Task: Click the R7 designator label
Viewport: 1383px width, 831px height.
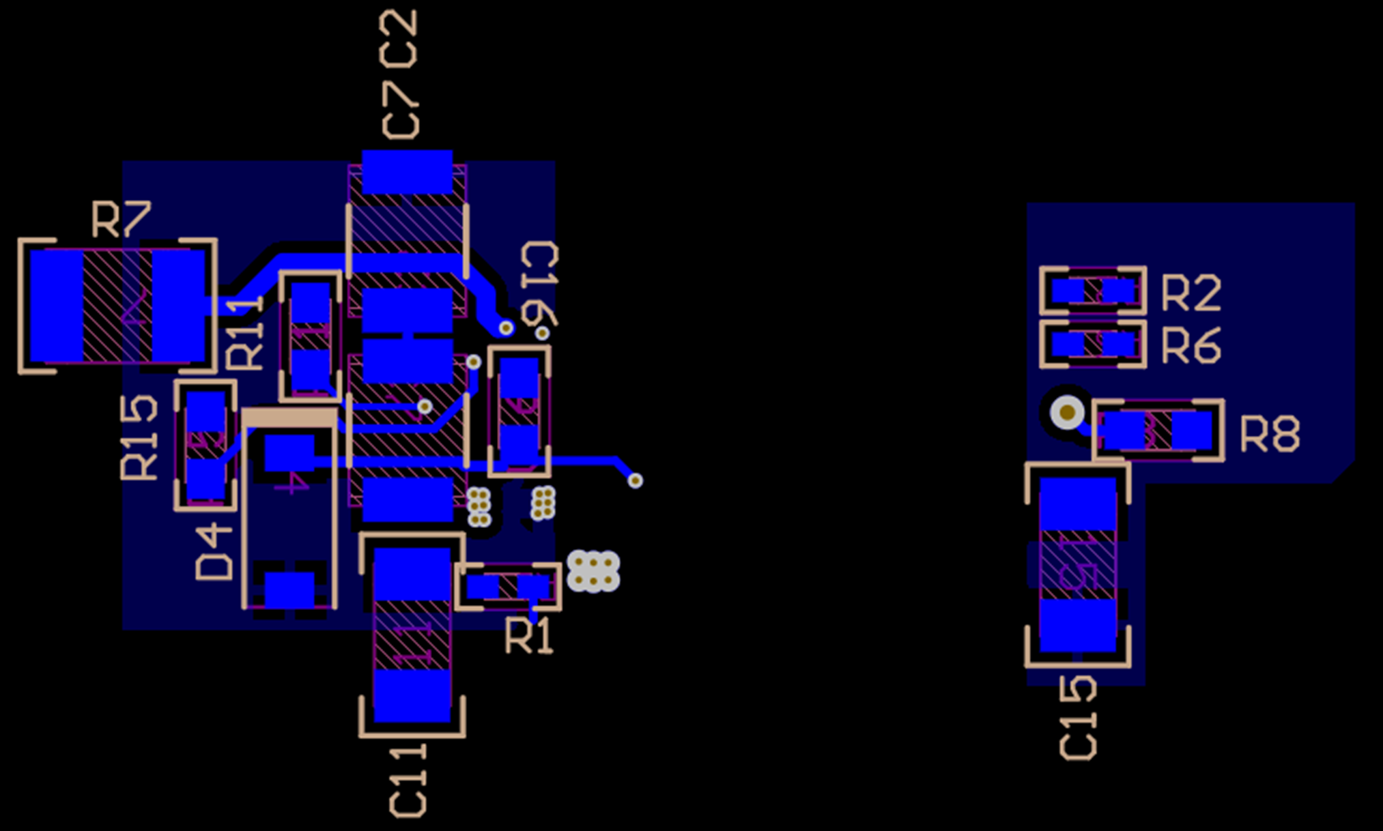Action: (x=121, y=220)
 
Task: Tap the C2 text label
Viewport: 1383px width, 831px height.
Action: (x=399, y=39)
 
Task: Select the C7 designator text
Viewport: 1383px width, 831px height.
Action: (x=400, y=109)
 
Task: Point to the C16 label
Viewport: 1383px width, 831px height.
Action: (x=540, y=283)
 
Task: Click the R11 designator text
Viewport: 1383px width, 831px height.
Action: (x=244, y=334)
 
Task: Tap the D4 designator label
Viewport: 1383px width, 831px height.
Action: (x=214, y=551)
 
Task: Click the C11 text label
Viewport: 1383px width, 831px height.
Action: (x=408, y=781)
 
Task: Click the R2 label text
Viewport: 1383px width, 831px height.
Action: (x=1191, y=293)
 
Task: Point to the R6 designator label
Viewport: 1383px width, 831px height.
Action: (x=1191, y=346)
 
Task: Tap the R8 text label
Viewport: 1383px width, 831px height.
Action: (x=1270, y=435)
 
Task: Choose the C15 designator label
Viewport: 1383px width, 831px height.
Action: (x=1079, y=718)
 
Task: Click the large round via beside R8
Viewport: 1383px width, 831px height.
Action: (x=1067, y=412)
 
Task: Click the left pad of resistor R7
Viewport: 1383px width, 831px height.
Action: (x=57, y=306)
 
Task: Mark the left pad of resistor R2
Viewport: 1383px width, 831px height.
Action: (x=1068, y=292)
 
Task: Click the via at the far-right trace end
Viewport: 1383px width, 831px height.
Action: (x=635, y=480)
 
